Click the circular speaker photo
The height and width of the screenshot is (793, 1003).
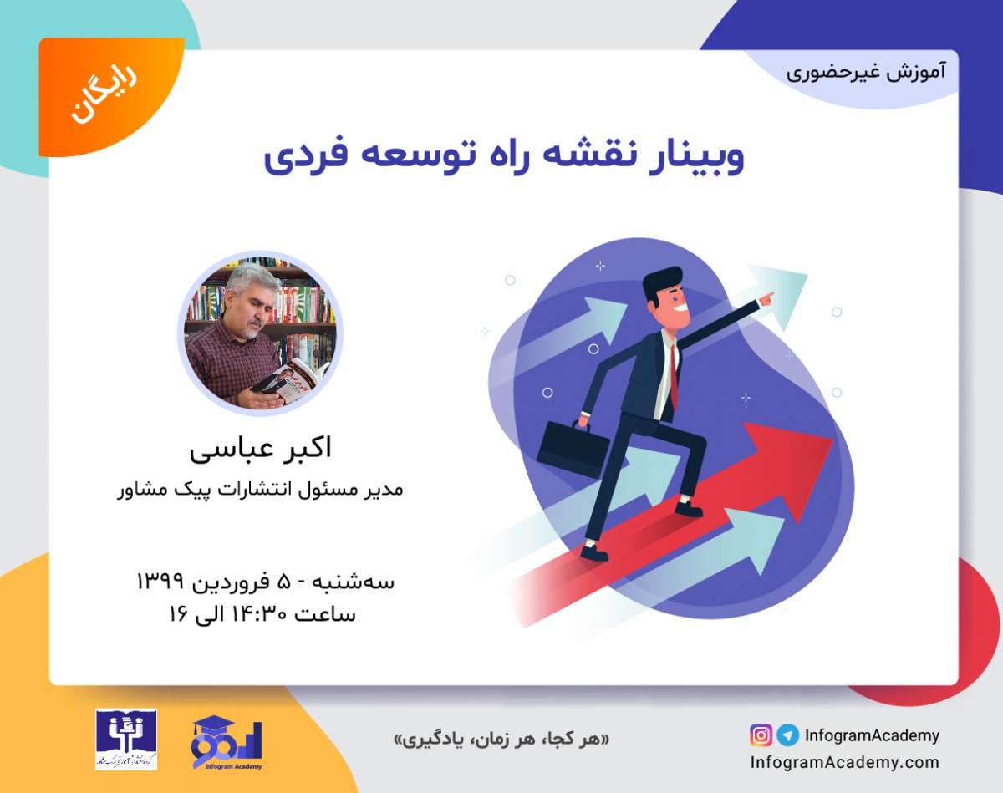tap(260, 333)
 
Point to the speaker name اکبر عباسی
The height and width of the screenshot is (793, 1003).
tap(260, 449)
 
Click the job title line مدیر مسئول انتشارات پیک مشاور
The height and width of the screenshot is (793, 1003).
tap(260, 489)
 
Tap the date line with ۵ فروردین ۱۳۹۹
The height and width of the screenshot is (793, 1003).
tap(265, 581)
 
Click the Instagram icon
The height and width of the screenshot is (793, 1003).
tap(761, 735)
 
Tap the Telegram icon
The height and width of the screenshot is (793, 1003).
tap(787, 735)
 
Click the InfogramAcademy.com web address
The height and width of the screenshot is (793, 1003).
tap(844, 762)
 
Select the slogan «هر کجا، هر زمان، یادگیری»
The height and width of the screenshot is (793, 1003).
tap(501, 740)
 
